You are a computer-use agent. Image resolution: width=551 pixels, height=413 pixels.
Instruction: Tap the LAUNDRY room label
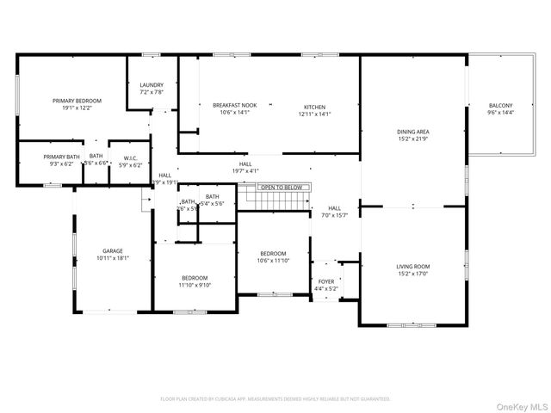152,84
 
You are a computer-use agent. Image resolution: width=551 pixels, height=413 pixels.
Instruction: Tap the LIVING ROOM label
412,267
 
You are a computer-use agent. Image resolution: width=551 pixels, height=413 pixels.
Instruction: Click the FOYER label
326,281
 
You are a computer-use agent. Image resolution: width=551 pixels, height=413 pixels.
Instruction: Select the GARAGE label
113,251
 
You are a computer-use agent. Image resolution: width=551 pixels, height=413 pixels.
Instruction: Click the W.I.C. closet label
131,157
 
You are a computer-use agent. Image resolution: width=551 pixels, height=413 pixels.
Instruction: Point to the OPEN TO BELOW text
282,187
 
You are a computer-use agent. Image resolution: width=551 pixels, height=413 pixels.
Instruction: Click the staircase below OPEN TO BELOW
276,200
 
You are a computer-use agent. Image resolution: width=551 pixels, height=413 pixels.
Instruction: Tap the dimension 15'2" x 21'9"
412,139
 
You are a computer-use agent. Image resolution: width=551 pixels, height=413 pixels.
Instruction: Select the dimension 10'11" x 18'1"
113,258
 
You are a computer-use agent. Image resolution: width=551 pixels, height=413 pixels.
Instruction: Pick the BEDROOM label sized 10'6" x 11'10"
274,253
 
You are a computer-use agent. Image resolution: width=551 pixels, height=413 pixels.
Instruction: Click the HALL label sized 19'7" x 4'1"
245,163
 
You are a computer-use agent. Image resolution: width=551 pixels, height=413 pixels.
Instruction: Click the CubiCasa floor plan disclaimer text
275,399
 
